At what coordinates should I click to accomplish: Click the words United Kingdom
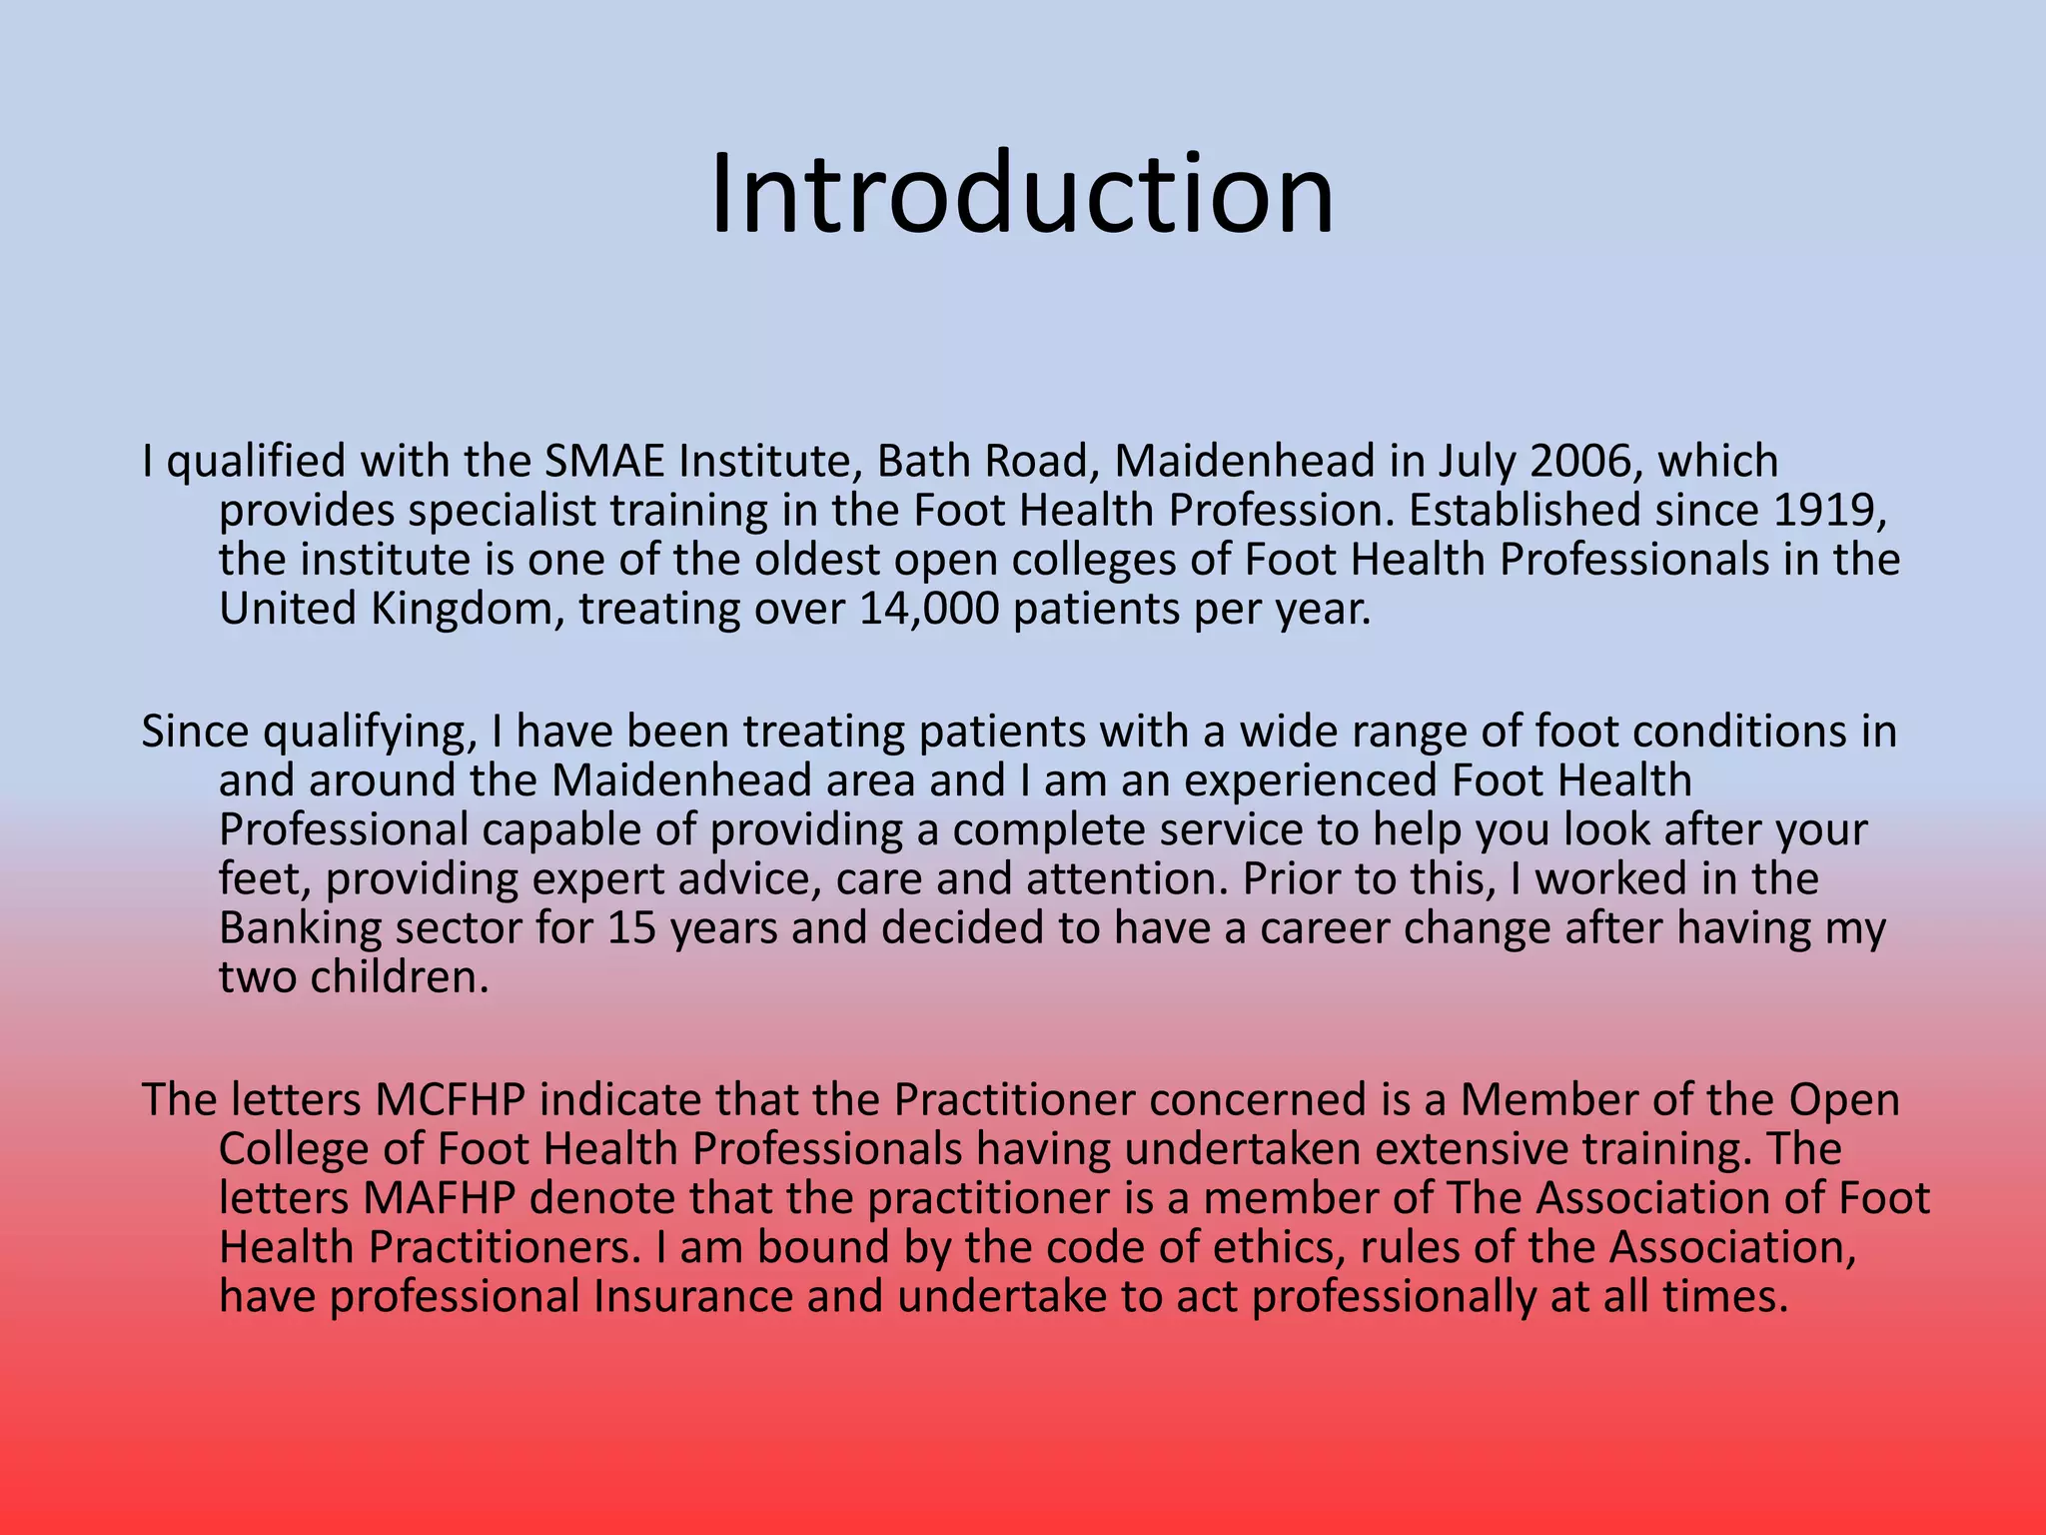(x=385, y=609)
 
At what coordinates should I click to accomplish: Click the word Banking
(x=300, y=928)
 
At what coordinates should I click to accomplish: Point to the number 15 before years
(x=631, y=928)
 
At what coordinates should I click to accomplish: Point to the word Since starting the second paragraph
(x=194, y=732)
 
